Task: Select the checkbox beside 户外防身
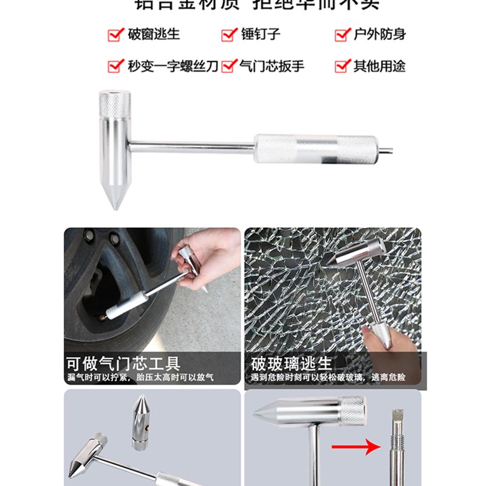tap(343, 35)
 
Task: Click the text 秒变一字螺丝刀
tap(173, 66)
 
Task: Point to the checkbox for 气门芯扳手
tap(228, 66)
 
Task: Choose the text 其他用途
tap(379, 66)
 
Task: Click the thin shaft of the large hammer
tap(191, 146)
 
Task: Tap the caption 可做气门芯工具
tap(123, 364)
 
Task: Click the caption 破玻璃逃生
tap(292, 364)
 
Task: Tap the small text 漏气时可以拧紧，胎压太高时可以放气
tap(140, 378)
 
